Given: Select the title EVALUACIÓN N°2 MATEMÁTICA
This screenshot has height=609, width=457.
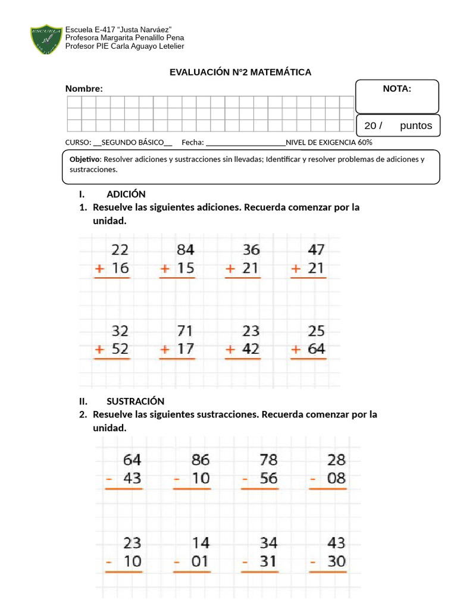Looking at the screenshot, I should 240,72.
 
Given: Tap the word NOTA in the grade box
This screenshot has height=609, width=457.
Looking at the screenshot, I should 397,89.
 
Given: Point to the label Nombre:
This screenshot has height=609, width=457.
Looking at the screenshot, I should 84,89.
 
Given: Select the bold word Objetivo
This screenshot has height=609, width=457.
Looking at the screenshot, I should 85,159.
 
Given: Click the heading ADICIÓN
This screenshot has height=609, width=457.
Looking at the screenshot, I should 126,194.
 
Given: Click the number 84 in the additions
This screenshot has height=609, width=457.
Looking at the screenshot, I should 186,249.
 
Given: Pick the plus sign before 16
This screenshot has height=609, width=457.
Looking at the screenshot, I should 100,269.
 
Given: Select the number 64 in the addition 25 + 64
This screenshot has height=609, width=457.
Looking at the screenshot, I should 316,349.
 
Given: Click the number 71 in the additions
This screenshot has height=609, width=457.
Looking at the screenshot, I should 186,330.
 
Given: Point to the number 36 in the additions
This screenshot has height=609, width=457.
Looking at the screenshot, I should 251,249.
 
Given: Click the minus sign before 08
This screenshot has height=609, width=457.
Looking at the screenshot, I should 314,479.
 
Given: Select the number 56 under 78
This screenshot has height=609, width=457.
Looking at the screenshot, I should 268,479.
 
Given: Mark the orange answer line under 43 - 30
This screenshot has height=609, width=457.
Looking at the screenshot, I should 328,572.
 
